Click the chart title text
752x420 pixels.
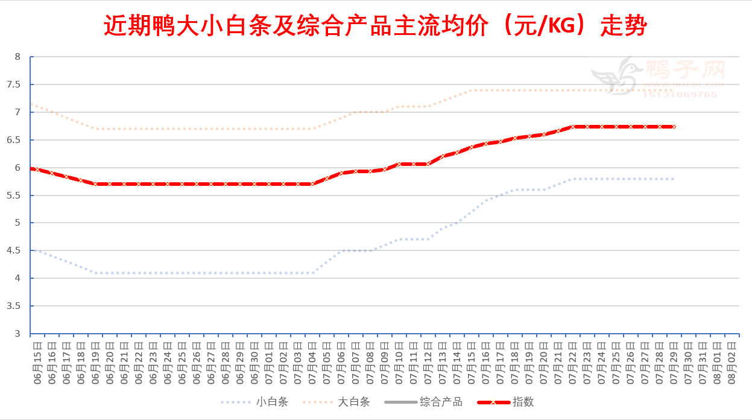tap(375, 26)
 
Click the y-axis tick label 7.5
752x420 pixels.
tap(17, 84)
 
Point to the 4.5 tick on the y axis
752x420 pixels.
tap(17, 250)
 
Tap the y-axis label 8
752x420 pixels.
tap(17, 57)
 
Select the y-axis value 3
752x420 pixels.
tap(17, 334)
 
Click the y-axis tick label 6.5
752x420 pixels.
tap(17, 140)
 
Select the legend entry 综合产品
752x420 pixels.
tap(441, 402)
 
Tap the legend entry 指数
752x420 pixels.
tap(523, 402)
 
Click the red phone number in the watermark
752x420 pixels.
tap(680, 95)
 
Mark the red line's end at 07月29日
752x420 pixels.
tap(674, 127)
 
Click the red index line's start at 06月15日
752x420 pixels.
tap(31, 168)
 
